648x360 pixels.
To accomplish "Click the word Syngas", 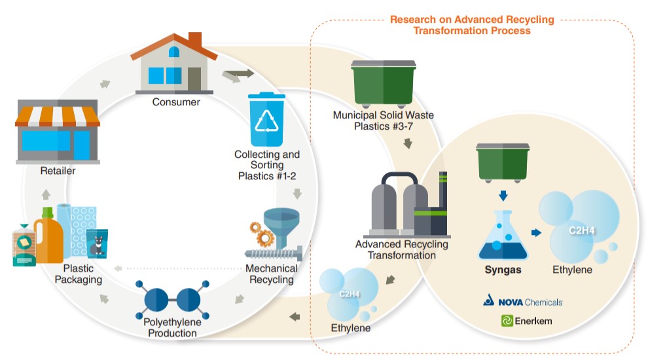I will point(503,269).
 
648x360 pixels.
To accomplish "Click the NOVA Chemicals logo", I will point(523,301).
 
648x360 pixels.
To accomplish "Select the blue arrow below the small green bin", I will point(503,195).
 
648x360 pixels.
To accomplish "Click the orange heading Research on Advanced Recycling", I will point(471,25).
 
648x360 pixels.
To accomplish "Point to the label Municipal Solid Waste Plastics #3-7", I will point(384,120).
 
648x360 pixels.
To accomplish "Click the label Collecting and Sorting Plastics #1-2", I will point(267,166).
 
